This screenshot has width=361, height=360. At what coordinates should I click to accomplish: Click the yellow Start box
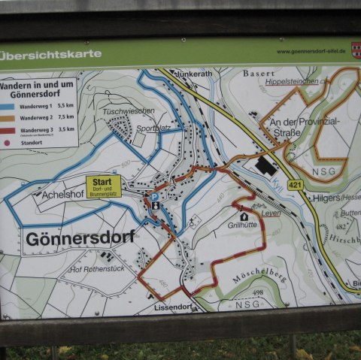[104, 186]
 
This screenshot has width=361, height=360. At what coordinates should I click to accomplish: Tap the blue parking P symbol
[154, 196]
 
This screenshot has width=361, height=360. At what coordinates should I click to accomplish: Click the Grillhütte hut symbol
[244, 216]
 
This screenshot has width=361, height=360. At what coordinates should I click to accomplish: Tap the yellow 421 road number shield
[294, 184]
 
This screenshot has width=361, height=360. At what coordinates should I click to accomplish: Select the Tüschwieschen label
[129, 110]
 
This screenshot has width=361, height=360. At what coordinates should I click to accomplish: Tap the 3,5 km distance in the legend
[65, 129]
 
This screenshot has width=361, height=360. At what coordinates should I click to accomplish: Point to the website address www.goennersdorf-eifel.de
[311, 52]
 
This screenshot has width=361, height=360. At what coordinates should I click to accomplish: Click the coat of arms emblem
[355, 50]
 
